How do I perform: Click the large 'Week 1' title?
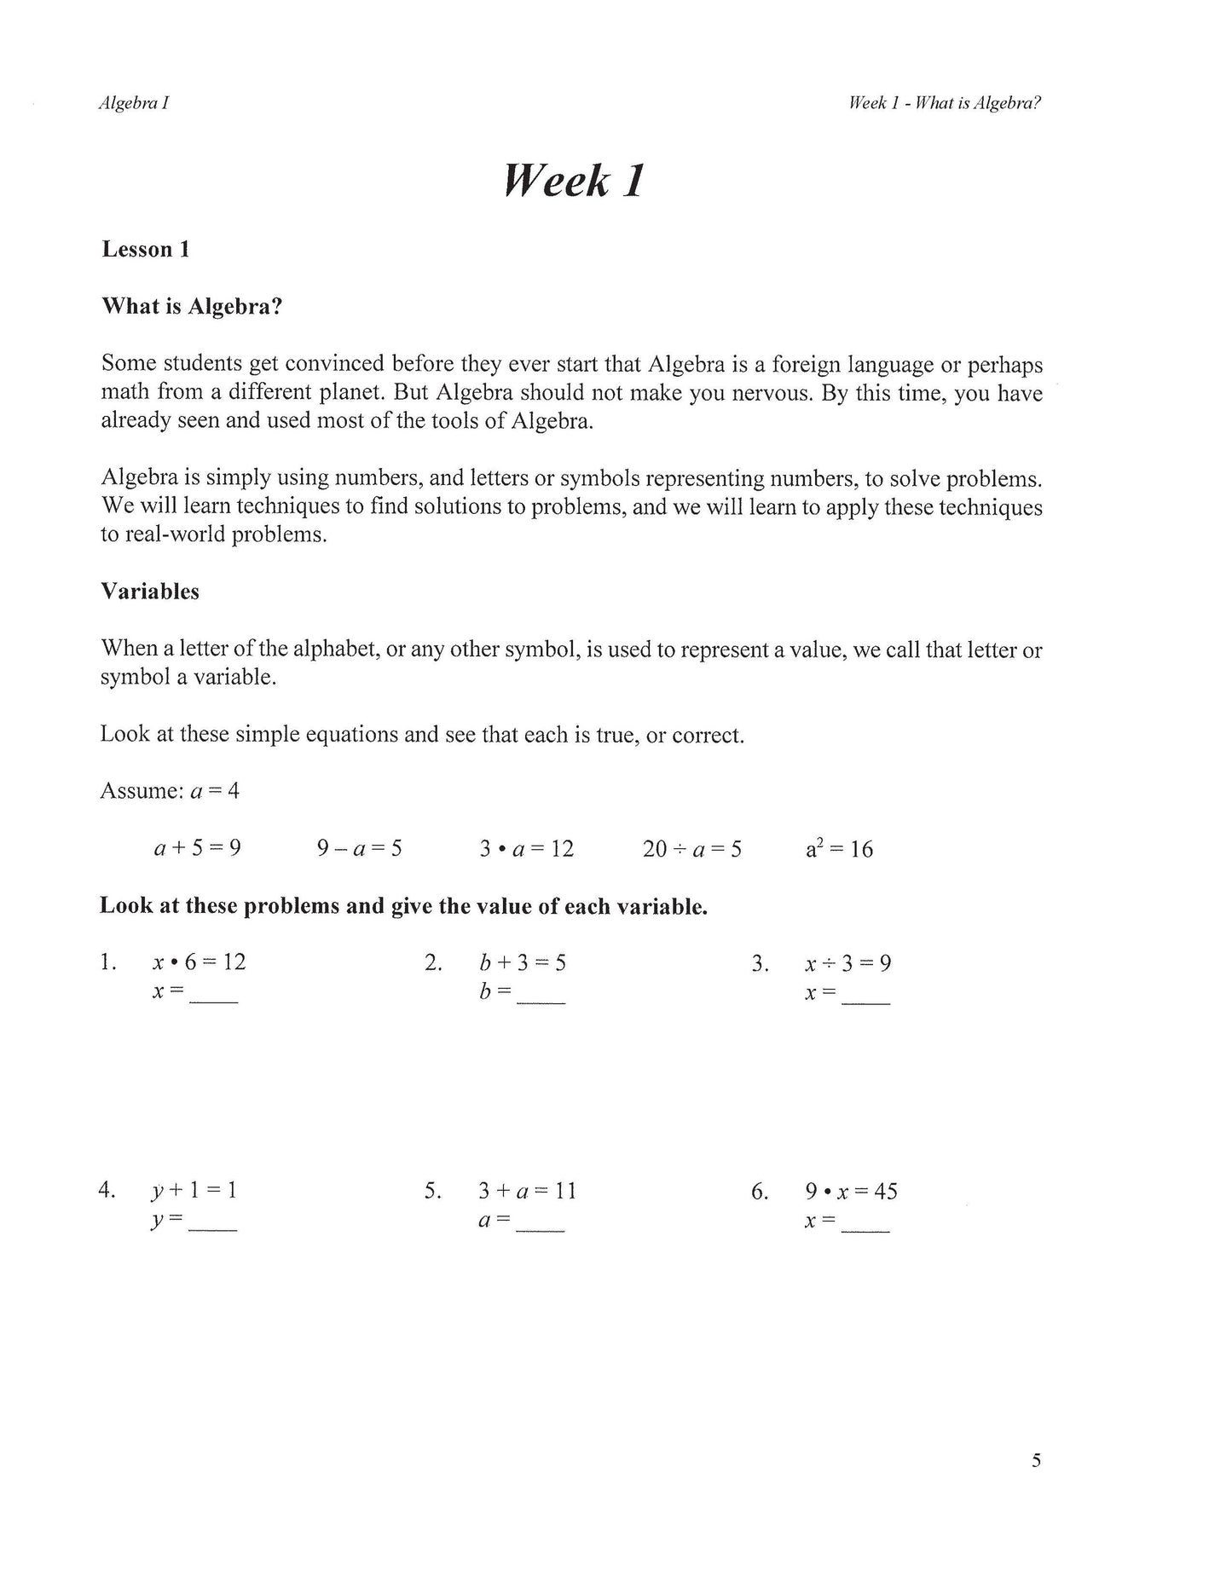pyautogui.click(x=573, y=181)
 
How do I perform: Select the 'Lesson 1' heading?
pyautogui.click(x=145, y=250)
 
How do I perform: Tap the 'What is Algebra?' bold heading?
pyautogui.click(x=192, y=307)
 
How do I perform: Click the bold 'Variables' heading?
pyautogui.click(x=150, y=592)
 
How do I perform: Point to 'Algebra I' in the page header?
pyautogui.click(x=134, y=103)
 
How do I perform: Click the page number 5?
pyautogui.click(x=1036, y=1461)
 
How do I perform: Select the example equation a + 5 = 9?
pyautogui.click(x=197, y=848)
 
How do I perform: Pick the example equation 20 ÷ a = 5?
pyautogui.click(x=691, y=849)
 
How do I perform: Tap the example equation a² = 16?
pyautogui.click(x=839, y=849)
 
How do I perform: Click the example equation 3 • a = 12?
pyautogui.click(x=526, y=849)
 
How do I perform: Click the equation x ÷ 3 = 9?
pyautogui.click(x=847, y=963)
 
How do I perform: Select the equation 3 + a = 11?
pyautogui.click(x=527, y=1191)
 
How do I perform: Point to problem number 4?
pyautogui.click(x=107, y=1190)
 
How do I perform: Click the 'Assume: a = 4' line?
pyautogui.click(x=170, y=791)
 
